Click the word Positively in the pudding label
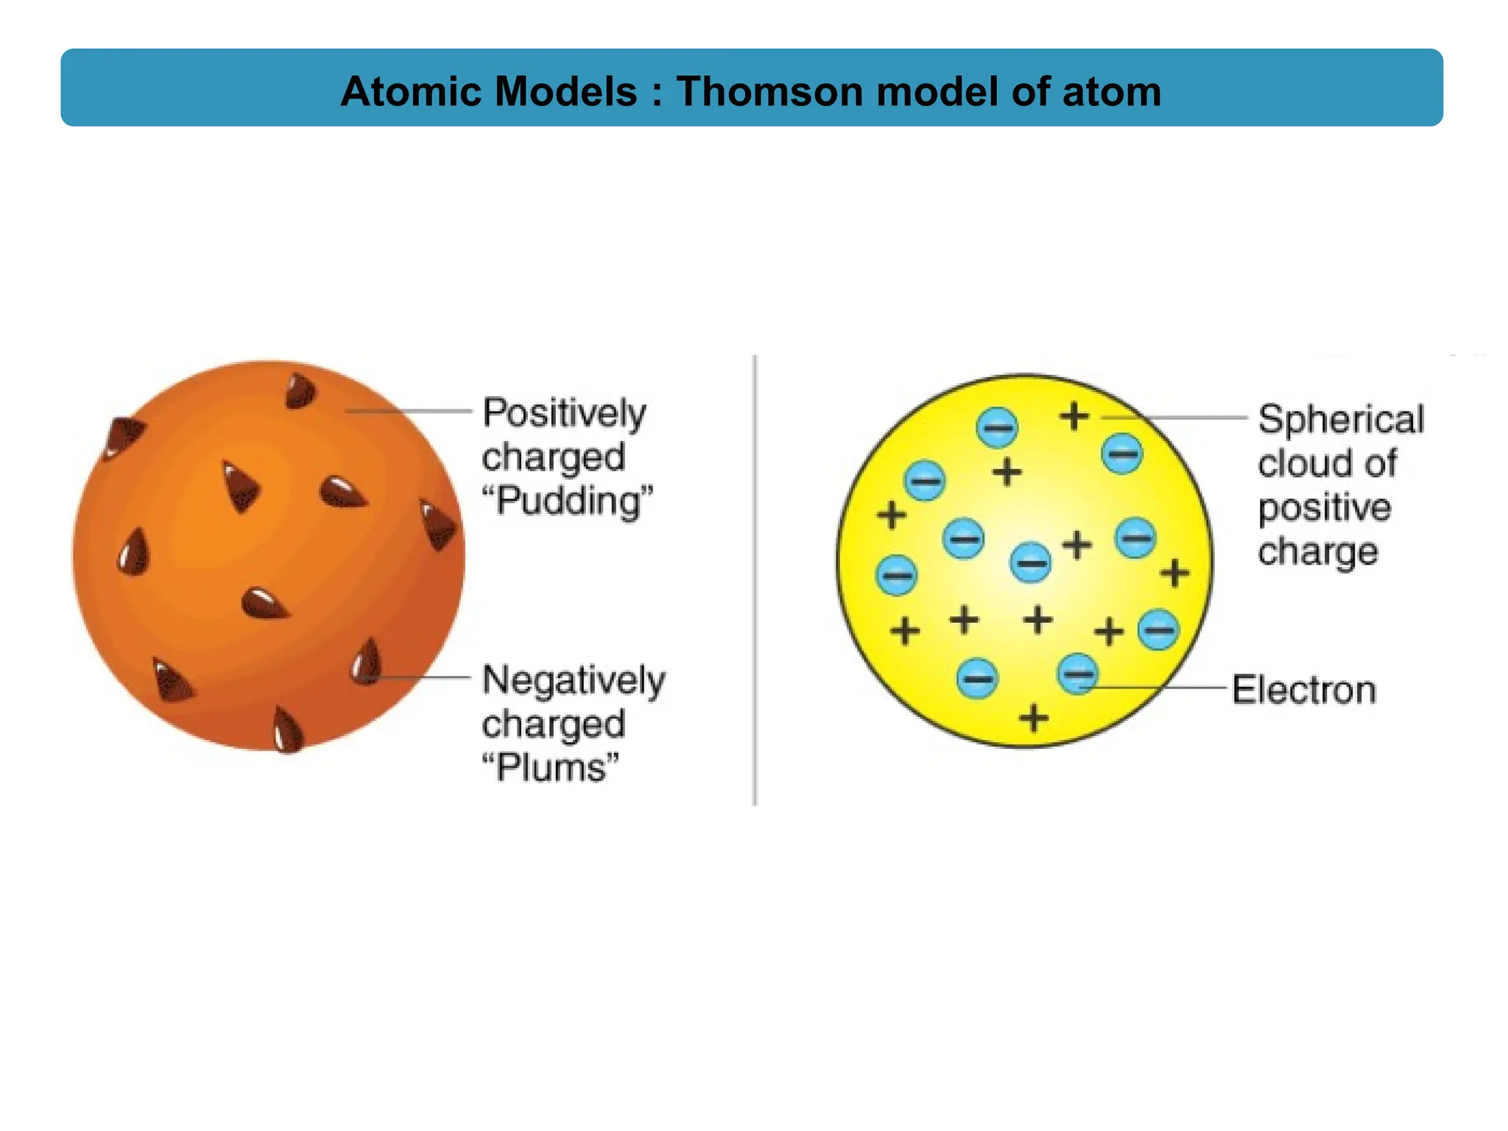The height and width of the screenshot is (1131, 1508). [x=564, y=413]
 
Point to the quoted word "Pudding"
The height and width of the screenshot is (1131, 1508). [x=568, y=501]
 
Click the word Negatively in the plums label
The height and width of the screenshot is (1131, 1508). [x=574, y=680]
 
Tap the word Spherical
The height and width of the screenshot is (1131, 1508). [x=1341, y=420]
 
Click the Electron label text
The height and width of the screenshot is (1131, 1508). [x=1304, y=691]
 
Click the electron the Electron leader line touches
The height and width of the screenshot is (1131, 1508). [x=1078, y=674]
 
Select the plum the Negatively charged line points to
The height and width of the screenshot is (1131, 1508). [x=366, y=662]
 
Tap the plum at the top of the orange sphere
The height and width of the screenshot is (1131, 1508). [x=300, y=390]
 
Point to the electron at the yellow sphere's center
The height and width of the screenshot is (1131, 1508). [x=1030, y=563]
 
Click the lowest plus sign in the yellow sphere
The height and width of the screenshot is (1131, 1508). [x=1034, y=718]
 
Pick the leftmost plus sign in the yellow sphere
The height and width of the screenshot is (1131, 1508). [x=891, y=515]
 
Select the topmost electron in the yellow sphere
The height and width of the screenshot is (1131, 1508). [x=997, y=427]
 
